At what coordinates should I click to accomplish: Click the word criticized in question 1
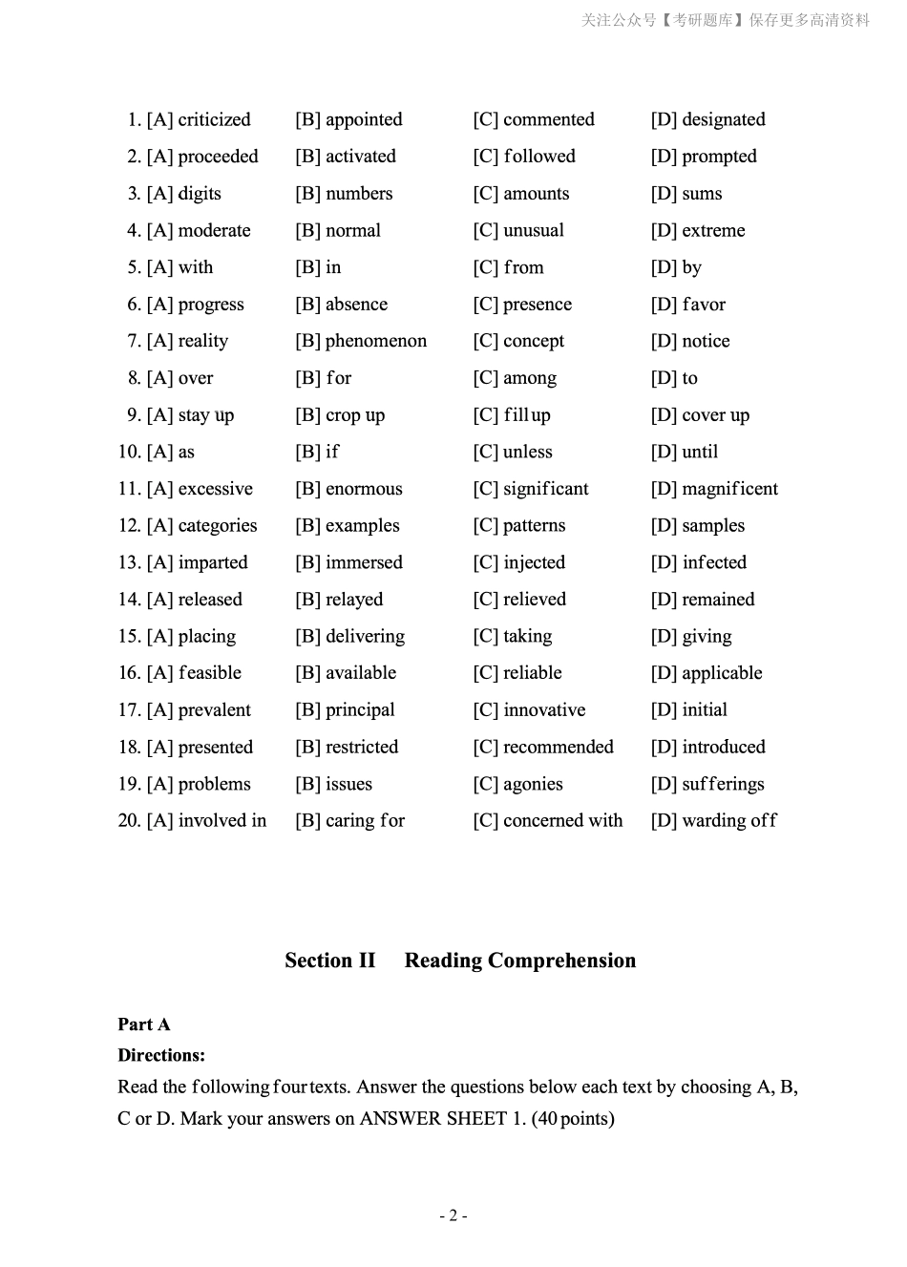click(x=214, y=119)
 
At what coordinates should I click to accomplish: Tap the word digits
click(x=200, y=194)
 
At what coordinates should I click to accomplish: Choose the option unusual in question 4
click(x=533, y=231)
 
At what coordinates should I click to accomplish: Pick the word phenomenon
click(x=375, y=341)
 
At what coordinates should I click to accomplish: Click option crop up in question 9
click(x=354, y=415)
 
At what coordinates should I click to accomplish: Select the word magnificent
click(x=729, y=489)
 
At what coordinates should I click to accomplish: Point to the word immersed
click(x=364, y=562)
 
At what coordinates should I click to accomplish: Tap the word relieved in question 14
click(x=534, y=600)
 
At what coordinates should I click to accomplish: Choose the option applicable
click(x=722, y=673)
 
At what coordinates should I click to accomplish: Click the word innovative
click(x=544, y=710)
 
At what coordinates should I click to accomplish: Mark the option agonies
click(x=533, y=784)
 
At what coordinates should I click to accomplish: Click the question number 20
click(x=129, y=821)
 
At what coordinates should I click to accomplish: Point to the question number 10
click(x=129, y=452)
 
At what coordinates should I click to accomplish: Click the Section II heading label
click(x=330, y=961)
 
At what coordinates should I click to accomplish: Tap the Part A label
click(x=144, y=1024)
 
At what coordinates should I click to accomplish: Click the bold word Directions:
click(x=161, y=1055)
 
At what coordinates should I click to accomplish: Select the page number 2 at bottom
click(x=453, y=1215)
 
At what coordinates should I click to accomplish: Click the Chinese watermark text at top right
click(x=726, y=20)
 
